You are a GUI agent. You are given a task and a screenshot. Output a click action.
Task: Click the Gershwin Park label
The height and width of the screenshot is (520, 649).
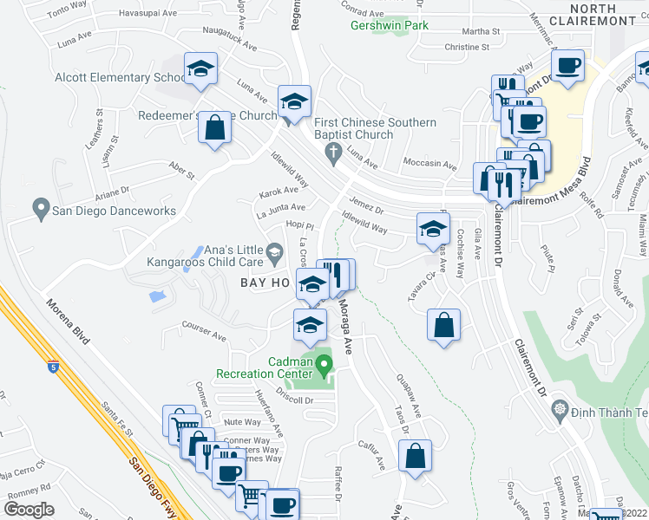coord(390,26)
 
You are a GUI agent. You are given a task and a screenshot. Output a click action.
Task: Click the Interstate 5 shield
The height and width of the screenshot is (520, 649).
coord(54,367)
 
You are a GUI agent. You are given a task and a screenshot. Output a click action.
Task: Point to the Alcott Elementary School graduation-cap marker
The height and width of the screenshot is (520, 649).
coord(200,70)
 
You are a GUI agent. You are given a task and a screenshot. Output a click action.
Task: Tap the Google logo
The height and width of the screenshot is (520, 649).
coord(29,510)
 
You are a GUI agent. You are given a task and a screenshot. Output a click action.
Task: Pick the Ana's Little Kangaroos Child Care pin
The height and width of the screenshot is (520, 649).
coord(276,254)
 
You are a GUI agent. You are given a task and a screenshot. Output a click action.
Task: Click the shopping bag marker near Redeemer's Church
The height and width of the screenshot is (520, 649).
coord(214,128)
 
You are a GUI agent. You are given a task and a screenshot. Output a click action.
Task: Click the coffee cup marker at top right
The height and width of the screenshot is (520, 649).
coord(567,66)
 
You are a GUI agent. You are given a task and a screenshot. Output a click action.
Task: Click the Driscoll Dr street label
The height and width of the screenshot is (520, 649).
coord(295,400)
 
